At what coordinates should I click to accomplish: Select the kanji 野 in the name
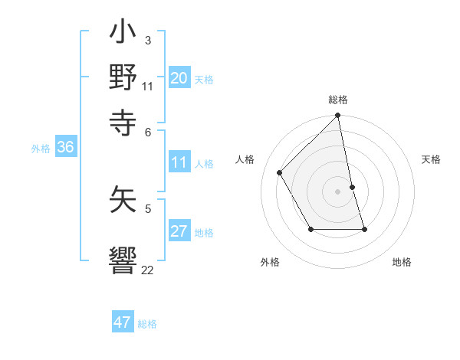123,77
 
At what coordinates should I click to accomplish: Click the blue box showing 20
179,77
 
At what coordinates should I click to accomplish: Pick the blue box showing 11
179,162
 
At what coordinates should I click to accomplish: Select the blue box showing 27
179,231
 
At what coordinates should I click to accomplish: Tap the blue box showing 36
65,147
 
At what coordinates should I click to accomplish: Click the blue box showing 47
123,322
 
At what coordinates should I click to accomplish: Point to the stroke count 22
147,270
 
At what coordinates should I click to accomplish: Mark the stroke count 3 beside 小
147,39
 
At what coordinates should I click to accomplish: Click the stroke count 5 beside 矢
147,208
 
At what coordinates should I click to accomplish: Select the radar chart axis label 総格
338,100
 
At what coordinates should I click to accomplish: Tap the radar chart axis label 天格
431,159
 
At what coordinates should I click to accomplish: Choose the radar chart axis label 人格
245,159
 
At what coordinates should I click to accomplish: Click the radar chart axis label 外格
269,262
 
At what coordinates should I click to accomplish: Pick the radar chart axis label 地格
402,262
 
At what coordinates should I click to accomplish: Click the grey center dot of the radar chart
338,191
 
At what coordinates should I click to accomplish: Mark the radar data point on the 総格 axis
338,116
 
